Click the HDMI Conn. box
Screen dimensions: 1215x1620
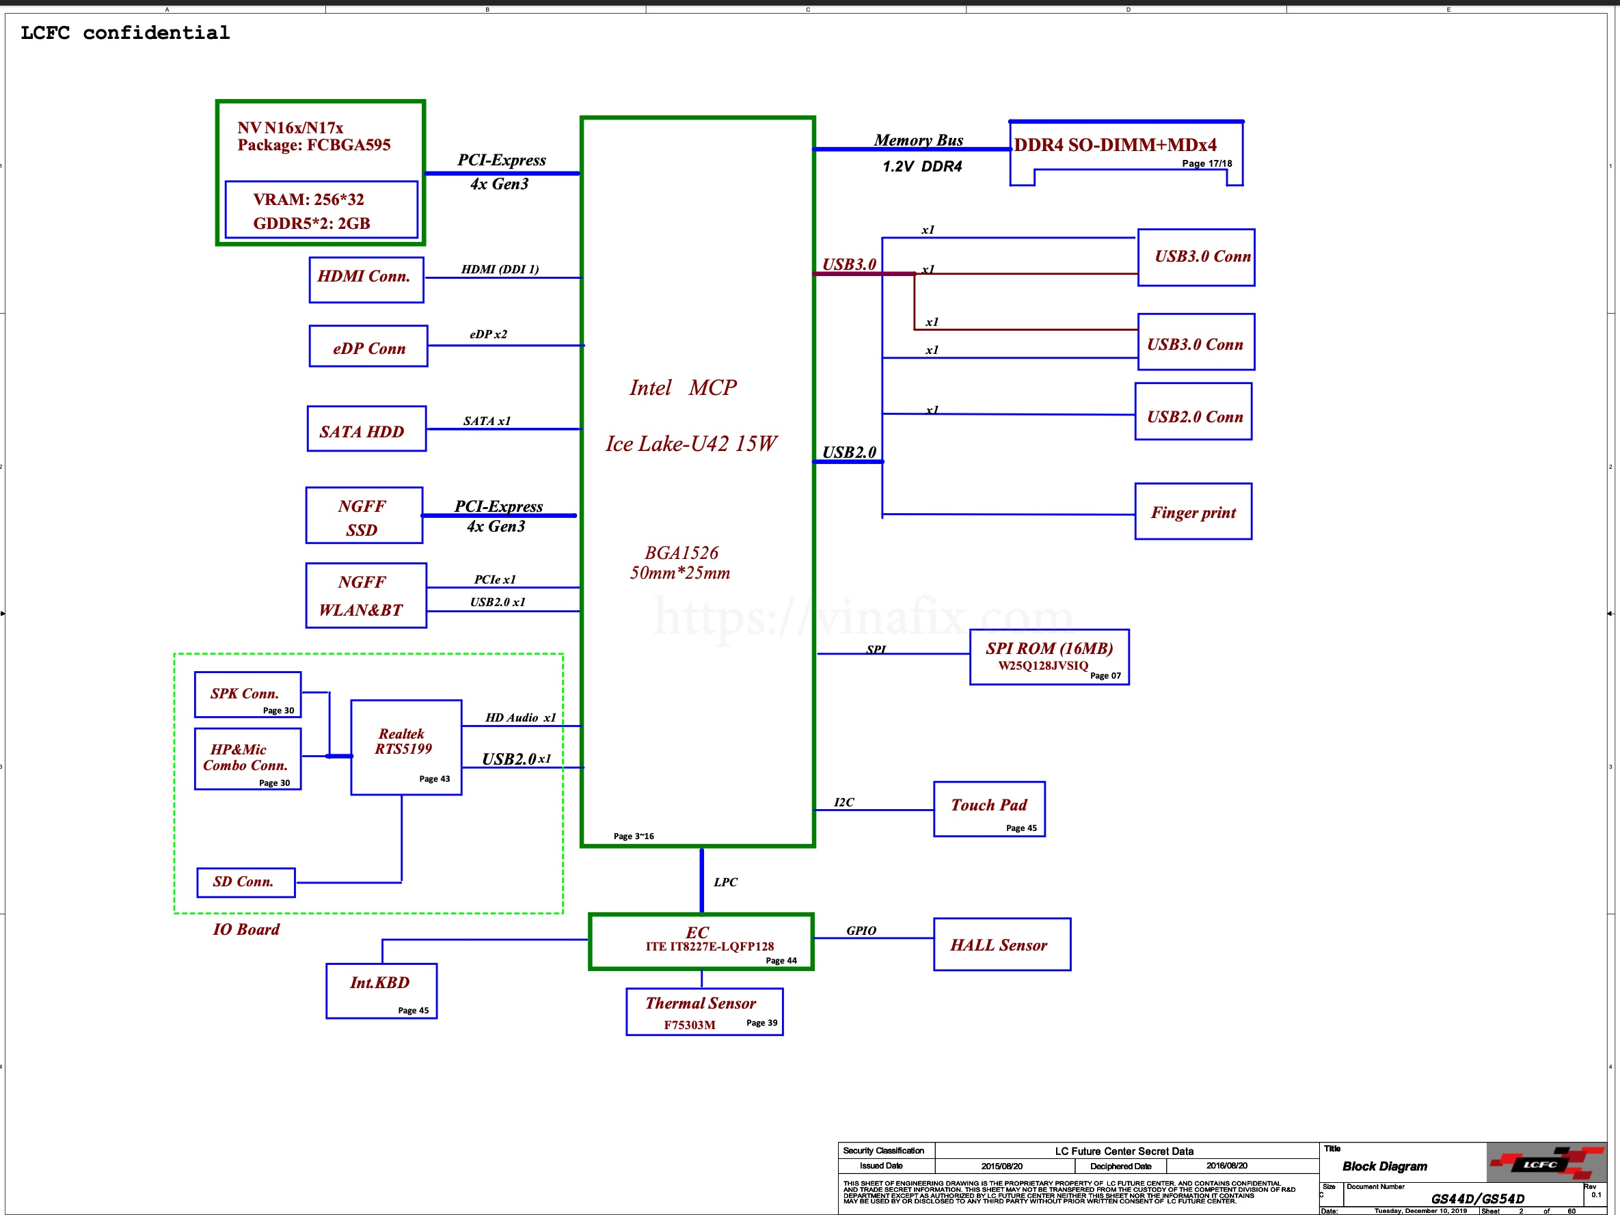(366, 279)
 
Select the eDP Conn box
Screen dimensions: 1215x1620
(368, 346)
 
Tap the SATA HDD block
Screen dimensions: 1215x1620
(366, 429)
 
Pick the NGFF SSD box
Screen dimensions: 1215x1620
(364, 515)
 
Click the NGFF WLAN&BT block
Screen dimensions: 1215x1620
(366, 595)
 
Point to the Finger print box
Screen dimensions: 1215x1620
(1193, 512)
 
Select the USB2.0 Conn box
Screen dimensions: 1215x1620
(1193, 411)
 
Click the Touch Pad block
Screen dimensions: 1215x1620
(988, 808)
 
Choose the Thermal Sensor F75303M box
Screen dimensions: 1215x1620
(704, 1011)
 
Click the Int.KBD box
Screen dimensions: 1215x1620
(381, 990)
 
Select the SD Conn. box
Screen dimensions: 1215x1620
(246, 882)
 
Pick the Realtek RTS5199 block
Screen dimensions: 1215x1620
(406, 747)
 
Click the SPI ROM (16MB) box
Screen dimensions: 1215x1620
(1049, 657)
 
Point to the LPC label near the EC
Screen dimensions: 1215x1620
(725, 882)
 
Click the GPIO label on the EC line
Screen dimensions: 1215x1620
(861, 930)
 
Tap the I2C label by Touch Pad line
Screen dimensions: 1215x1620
(843, 802)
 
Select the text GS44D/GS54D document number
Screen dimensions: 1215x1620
(1477, 1198)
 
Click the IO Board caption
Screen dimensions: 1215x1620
(246, 929)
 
